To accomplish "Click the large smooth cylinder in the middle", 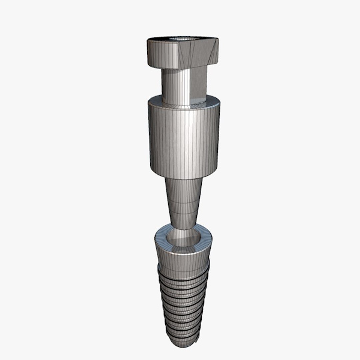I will [183, 140].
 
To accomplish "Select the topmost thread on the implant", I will [183, 274].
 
